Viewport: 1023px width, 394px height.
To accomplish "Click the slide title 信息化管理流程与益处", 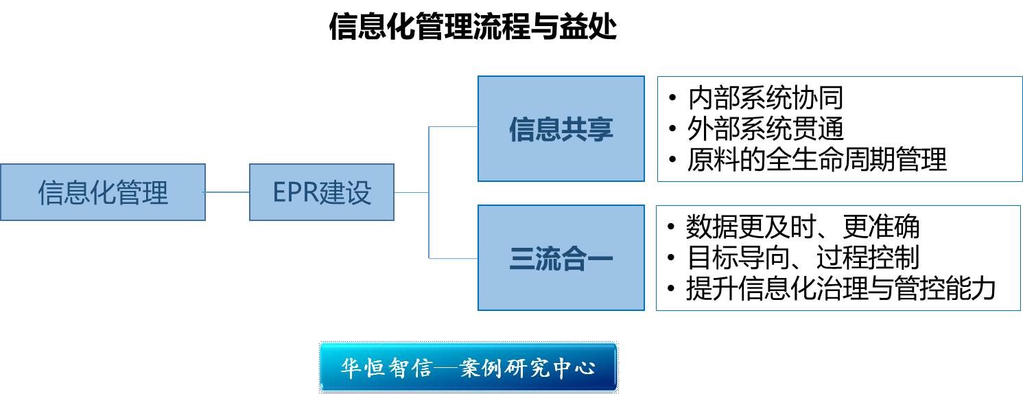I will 473,27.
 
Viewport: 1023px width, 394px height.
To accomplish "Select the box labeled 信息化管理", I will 103,192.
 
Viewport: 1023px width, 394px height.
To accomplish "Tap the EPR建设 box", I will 321,192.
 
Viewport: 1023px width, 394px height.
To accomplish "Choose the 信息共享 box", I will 561,129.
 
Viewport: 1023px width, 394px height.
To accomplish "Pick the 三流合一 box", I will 561,258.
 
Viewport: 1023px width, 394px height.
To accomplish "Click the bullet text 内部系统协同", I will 765,99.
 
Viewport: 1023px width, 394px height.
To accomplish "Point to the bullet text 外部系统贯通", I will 765,129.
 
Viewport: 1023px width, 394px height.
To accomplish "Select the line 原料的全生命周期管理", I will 816,160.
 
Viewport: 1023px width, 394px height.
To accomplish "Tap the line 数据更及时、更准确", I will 803,227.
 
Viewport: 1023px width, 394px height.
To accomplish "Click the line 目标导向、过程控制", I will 803,258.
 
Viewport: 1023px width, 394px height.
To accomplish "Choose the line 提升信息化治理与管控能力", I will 840,288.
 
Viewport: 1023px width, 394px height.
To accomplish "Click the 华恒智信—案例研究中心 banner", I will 468,368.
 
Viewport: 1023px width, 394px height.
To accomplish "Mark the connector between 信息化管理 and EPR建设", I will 227,192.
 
